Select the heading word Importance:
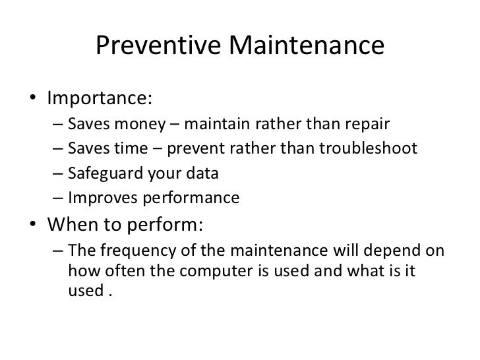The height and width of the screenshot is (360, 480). coord(99,98)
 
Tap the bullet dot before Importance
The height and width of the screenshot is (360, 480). coord(33,100)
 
